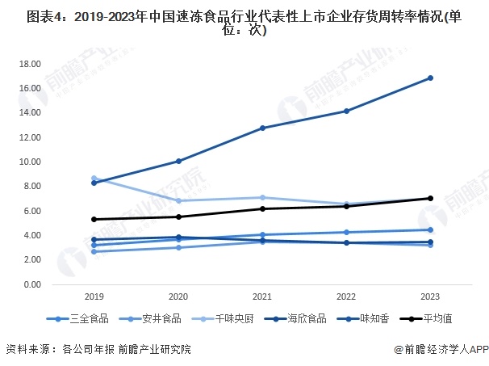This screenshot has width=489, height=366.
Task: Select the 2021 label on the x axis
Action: (262, 297)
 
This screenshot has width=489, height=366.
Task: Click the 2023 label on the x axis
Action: (430, 297)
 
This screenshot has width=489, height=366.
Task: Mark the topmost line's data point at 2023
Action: (430, 78)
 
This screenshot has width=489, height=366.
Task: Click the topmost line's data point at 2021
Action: (262, 128)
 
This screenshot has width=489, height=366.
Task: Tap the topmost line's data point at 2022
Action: (346, 111)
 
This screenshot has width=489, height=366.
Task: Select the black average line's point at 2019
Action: (94, 219)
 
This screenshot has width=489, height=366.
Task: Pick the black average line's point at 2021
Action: (262, 208)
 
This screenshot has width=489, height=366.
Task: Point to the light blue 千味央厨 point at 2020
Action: (178, 200)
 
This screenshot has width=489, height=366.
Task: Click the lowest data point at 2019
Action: (94, 251)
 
